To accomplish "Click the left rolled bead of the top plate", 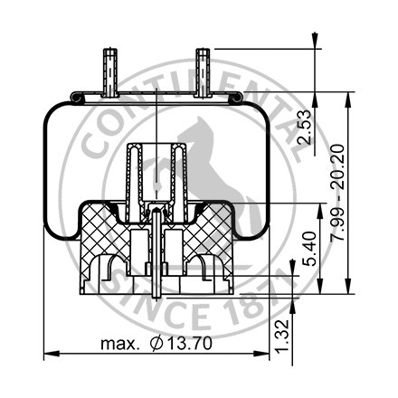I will (79, 96).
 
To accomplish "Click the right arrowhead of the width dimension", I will (269, 354).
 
